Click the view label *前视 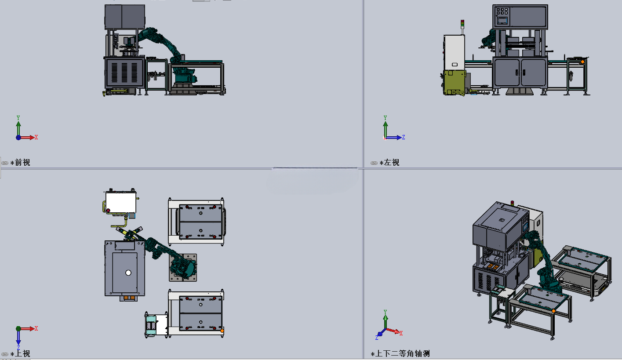click(20, 163)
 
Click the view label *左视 click(389, 163)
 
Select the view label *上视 click(20, 353)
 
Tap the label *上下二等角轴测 click(400, 353)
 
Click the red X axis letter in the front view click(36, 138)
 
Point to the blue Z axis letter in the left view click(404, 137)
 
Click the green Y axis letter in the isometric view click(385, 312)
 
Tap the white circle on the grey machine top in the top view click(128, 273)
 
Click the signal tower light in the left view click(462, 24)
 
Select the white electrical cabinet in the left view click(454, 53)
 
